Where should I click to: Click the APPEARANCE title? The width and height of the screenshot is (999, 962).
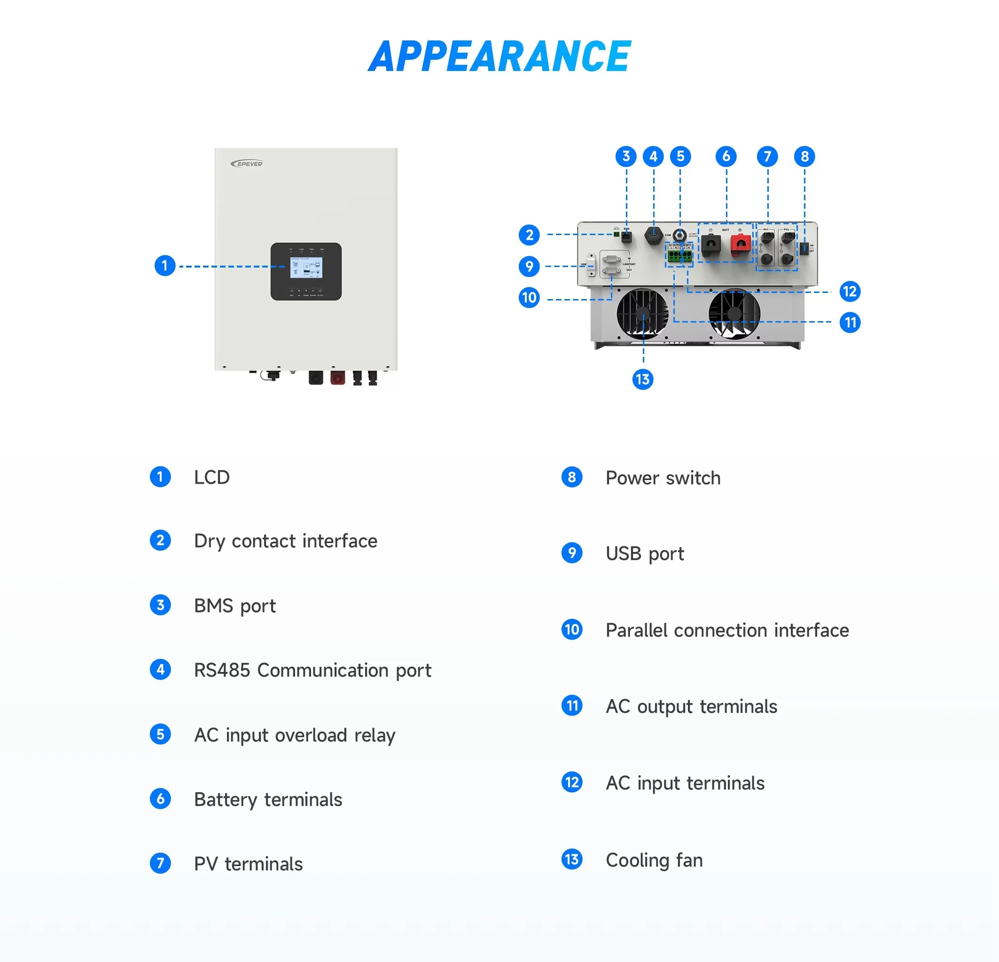499,56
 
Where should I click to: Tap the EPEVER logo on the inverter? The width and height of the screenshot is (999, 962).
247,164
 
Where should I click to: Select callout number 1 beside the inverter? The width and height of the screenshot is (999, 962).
164,266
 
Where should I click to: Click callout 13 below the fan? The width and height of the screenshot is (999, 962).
643,379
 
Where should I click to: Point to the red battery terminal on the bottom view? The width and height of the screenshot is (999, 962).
741,245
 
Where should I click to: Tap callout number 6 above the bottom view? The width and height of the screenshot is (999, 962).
726,157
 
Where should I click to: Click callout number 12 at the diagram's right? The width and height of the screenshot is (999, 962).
850,292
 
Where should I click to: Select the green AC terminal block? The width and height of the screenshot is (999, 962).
679,256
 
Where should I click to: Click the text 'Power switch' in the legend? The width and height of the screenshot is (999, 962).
663,478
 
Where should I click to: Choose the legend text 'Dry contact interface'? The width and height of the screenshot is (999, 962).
285,541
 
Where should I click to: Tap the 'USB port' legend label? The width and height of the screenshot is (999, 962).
645,553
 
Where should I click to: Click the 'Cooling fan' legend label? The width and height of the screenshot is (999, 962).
654,860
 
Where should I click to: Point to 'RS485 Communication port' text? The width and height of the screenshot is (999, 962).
312,670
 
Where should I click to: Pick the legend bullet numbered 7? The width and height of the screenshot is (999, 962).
161,864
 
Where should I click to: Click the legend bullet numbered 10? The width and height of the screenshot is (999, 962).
572,630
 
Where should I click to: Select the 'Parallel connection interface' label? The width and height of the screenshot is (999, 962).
727,631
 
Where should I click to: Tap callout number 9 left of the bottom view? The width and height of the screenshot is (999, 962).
529,266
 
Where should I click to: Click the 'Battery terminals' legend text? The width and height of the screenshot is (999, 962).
268,799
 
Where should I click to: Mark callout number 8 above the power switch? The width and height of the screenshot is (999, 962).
804,157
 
